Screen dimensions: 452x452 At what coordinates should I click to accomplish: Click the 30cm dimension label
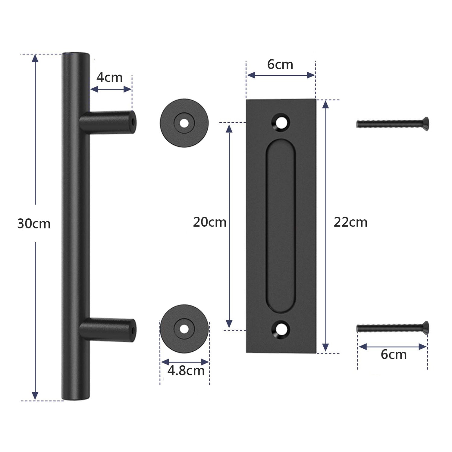click(34, 224)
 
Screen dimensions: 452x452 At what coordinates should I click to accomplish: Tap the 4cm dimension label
click(109, 78)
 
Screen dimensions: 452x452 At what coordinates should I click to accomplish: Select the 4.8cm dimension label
click(186, 371)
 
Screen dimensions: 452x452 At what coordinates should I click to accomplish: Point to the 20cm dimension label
click(209, 222)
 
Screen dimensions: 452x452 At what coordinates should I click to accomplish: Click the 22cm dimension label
click(350, 222)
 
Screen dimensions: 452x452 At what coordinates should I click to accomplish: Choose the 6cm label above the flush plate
click(280, 65)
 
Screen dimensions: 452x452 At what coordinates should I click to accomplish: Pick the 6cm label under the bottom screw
click(394, 355)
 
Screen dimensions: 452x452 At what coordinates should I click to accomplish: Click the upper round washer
click(184, 123)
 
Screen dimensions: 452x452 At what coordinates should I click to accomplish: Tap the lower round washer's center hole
click(184, 329)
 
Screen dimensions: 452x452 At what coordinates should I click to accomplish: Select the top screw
click(392, 124)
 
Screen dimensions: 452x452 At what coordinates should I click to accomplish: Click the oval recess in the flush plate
click(280, 226)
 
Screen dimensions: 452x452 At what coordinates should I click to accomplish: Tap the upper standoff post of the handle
click(108, 122)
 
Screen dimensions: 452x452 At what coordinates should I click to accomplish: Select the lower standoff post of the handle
click(108, 330)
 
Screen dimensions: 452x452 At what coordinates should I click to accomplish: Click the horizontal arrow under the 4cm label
click(111, 89)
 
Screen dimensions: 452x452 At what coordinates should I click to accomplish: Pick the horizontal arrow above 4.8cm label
click(185, 362)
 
